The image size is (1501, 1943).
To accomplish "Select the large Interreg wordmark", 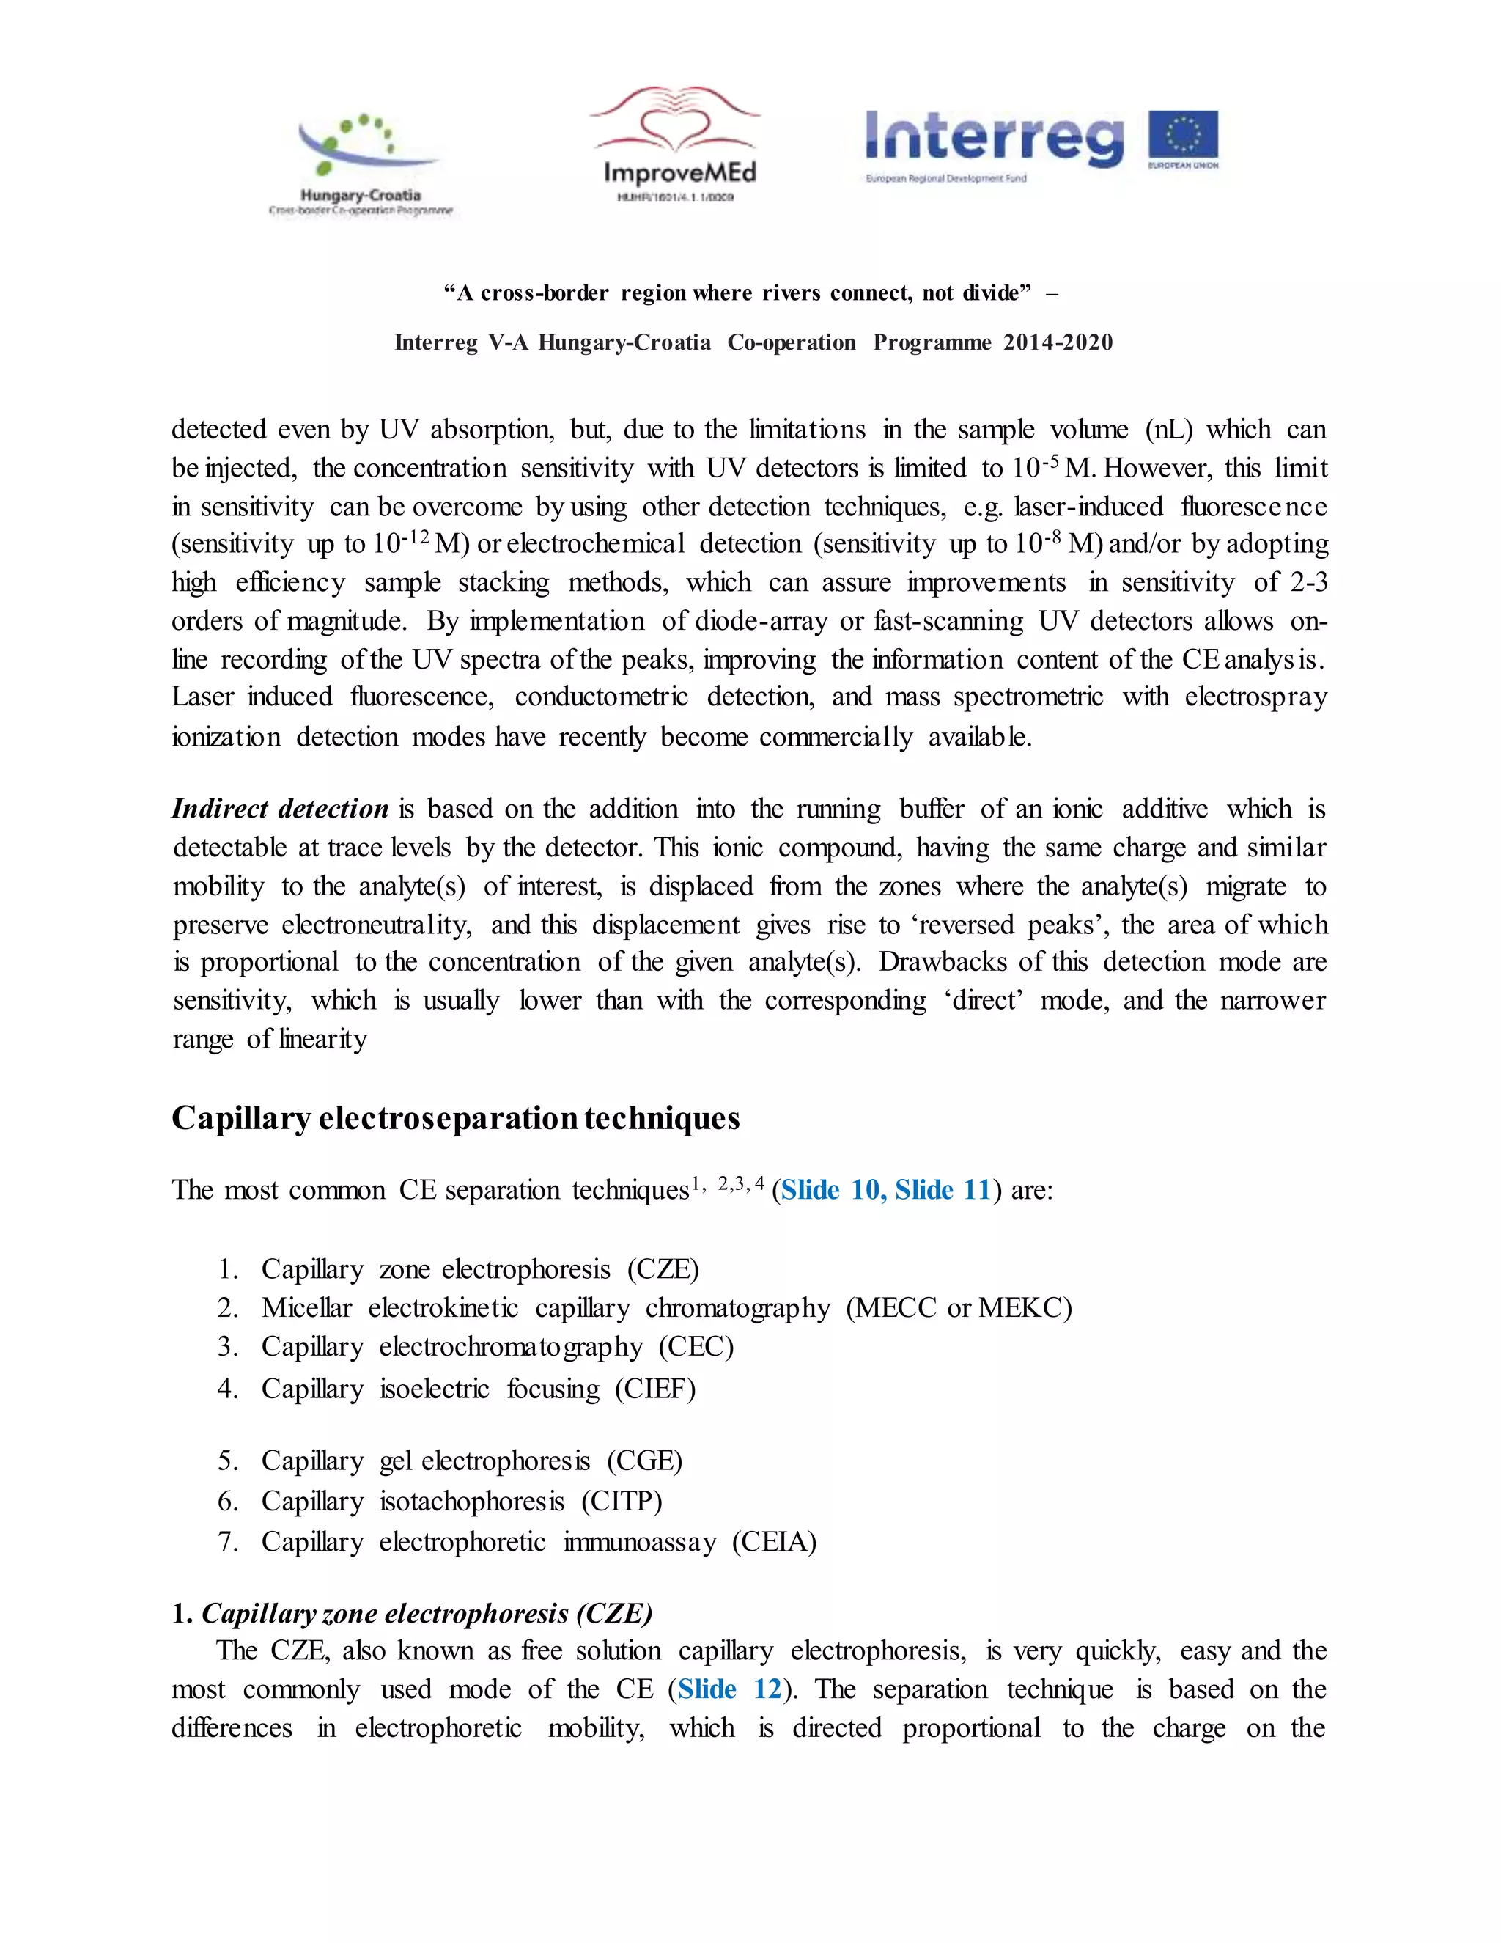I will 994,138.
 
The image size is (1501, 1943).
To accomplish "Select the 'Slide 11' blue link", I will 943,1189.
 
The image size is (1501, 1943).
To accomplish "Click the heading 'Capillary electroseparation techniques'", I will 455,1118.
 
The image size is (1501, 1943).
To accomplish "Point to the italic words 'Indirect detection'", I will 280,808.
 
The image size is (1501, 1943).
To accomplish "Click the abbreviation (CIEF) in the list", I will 655,1389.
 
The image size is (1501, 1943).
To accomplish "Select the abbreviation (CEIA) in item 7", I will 774,1541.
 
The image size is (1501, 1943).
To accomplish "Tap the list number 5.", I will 228,1461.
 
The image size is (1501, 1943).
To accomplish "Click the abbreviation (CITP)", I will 622,1501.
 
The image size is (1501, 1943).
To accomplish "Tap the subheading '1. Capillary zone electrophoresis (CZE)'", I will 413,1613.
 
